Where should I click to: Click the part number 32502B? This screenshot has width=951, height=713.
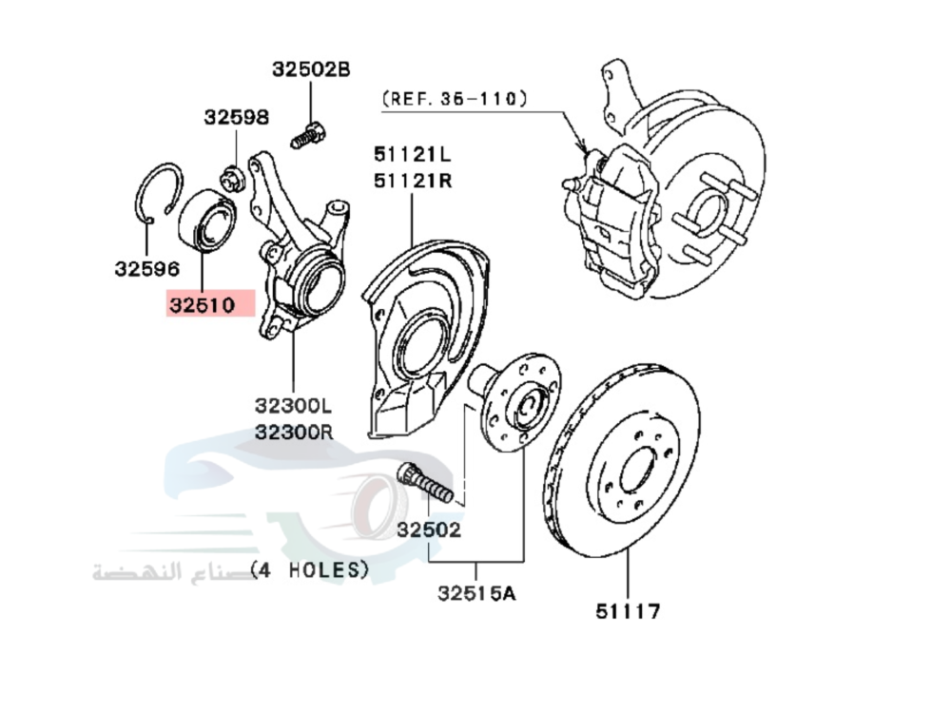(x=311, y=69)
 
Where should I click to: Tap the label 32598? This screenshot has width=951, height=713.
(x=236, y=117)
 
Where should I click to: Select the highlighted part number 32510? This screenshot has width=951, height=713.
(x=203, y=305)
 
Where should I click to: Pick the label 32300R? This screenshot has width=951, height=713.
(x=294, y=432)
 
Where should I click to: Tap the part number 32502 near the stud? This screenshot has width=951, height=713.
(x=429, y=530)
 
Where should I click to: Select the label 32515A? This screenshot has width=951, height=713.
(x=475, y=594)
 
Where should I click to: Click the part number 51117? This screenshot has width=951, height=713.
(x=628, y=611)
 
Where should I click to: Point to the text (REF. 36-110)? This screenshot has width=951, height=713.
(x=455, y=97)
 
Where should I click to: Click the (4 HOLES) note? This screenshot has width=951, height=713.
(x=308, y=569)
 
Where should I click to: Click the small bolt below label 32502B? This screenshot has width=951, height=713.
(x=306, y=136)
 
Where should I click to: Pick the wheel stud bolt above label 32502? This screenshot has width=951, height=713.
(x=424, y=482)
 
